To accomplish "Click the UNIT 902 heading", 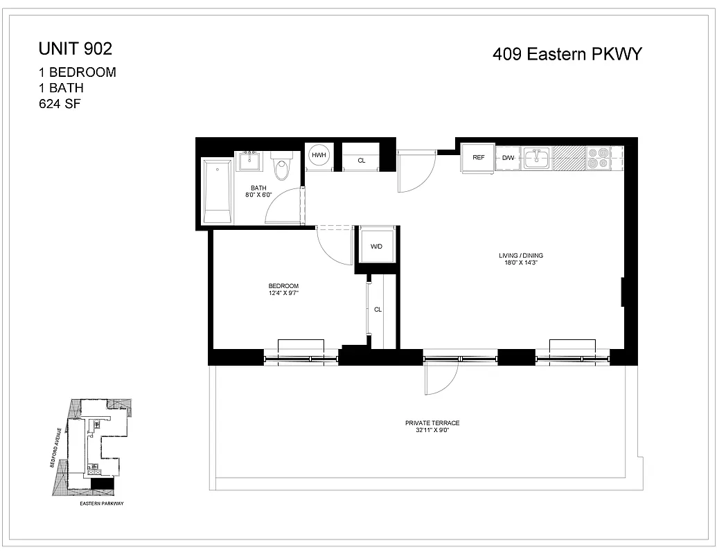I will tap(75, 48).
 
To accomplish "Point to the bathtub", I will tap(218, 191).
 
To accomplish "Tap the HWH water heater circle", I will tap(319, 156).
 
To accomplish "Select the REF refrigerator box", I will tap(479, 158).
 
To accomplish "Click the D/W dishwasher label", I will tap(508, 158).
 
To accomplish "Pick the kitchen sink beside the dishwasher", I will tap(536, 159).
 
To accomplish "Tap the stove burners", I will tap(597, 159).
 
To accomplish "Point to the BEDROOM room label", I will tap(283, 286).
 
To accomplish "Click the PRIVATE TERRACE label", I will tap(432, 422).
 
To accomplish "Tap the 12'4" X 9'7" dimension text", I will tap(283, 294).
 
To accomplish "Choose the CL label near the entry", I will tap(362, 161).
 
